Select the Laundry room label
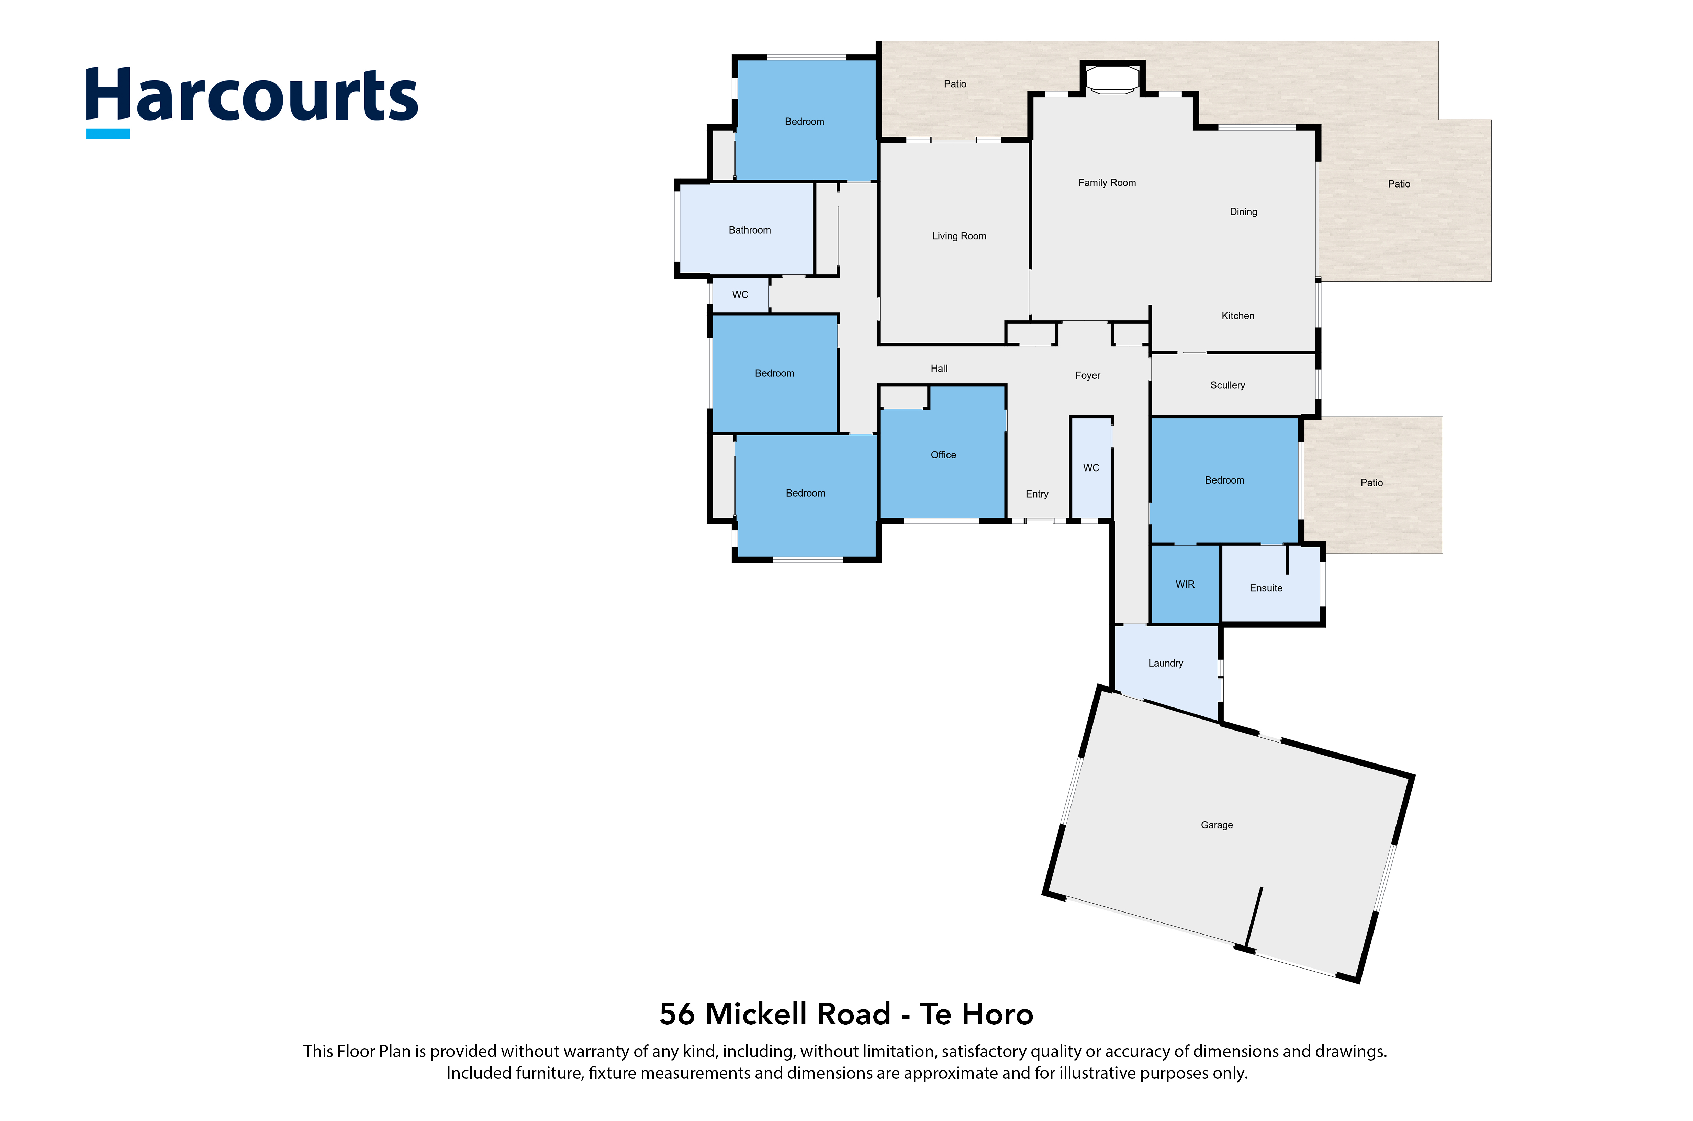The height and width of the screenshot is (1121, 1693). tap(1165, 664)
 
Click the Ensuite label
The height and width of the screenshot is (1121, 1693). tap(1266, 588)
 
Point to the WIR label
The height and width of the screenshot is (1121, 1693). tap(1185, 584)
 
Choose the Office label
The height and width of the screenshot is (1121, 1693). tap(943, 455)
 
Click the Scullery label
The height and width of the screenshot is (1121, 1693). tap(1227, 385)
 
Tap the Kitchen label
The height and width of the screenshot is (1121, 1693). tap(1237, 316)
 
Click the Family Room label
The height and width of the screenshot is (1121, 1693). tap(1107, 183)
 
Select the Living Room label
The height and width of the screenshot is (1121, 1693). tap(959, 236)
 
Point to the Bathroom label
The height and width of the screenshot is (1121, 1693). tap(749, 230)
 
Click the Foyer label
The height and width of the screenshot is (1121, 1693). tap(1087, 375)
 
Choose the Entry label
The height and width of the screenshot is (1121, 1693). tap(1037, 494)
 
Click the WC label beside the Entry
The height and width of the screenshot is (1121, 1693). tap(1091, 467)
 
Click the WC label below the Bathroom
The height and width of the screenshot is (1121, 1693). tap(740, 295)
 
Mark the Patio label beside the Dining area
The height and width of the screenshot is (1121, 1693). tap(1399, 184)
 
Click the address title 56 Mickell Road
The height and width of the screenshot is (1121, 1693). tap(775, 1014)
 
